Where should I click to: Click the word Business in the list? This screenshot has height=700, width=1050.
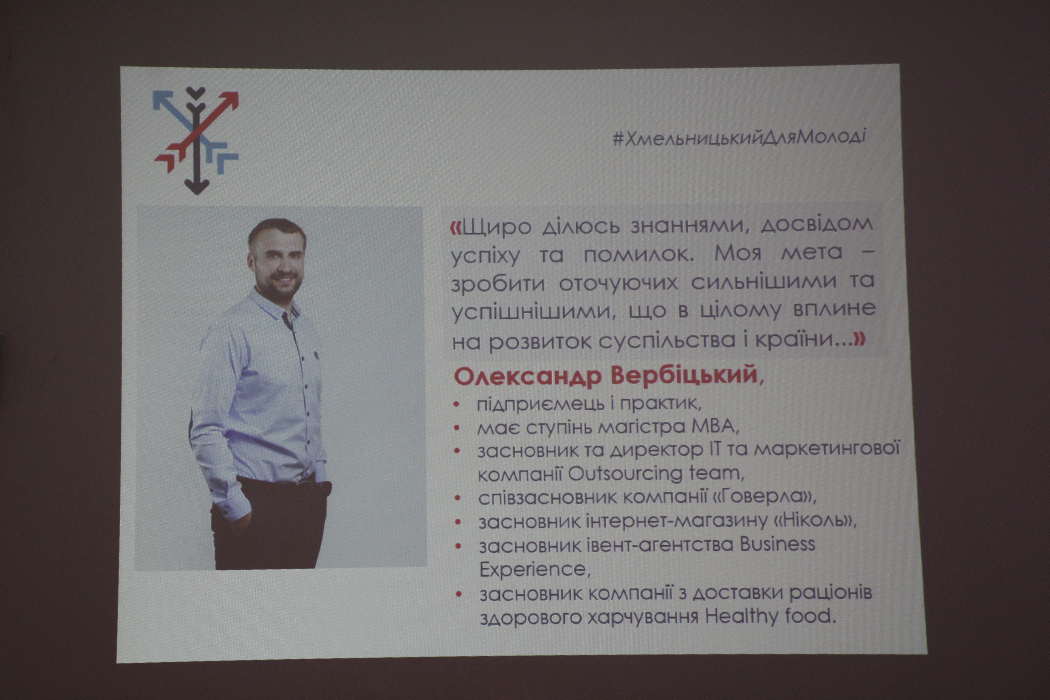(x=777, y=544)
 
